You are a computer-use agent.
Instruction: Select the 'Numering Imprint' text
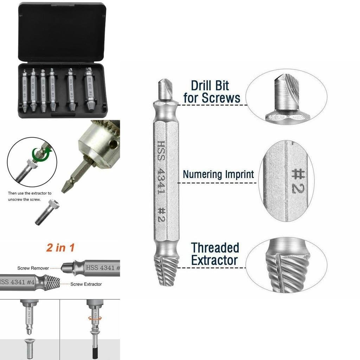218,174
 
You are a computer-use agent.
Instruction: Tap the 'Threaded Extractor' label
215,254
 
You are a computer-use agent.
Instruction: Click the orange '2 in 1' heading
60,247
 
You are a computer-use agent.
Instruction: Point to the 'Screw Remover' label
33,268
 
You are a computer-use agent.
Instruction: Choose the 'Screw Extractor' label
86,284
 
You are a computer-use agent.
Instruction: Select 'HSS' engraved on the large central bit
161,151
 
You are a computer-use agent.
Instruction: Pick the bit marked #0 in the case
24,90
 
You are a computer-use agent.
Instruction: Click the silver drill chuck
98,141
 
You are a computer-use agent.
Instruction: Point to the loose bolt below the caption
47,212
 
